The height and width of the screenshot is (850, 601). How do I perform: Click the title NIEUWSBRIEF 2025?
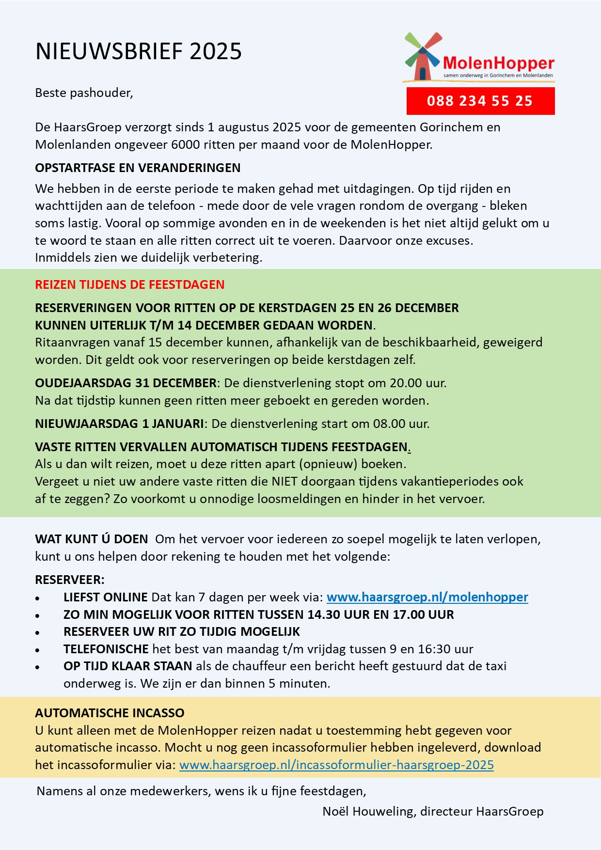139,51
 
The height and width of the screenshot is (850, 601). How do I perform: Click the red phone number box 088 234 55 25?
480,101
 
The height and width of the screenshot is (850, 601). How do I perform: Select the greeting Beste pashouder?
84,93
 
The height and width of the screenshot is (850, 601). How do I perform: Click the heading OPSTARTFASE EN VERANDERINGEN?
138,168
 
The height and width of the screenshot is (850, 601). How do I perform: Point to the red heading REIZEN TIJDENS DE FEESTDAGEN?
129,284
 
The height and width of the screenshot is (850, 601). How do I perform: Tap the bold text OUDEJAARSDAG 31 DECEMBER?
126,383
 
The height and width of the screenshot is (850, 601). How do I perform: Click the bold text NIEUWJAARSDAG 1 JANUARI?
119,424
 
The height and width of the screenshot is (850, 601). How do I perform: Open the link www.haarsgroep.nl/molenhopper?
427,597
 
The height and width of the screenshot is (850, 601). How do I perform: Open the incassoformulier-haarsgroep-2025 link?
336,765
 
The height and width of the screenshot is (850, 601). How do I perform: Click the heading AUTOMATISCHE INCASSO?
110,713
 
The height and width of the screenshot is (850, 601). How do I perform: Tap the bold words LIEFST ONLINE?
105,597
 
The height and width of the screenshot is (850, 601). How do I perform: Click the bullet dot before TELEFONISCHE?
37,650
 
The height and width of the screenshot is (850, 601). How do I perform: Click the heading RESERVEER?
70,580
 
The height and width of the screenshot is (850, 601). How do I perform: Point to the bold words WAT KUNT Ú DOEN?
91,539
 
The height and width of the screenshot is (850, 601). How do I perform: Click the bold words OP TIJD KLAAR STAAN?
127,666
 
